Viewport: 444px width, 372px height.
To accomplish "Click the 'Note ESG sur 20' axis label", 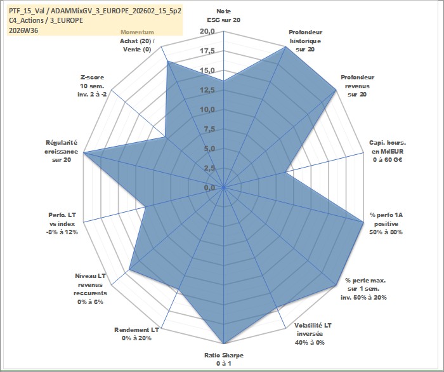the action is click(x=224, y=16).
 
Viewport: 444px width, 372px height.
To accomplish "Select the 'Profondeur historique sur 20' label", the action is click(x=305, y=41).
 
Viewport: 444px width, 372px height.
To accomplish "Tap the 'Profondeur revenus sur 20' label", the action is click(x=357, y=86).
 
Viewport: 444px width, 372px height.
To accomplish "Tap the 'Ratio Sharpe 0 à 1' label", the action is click(x=224, y=359).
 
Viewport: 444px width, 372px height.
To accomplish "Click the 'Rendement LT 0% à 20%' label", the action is click(x=136, y=334).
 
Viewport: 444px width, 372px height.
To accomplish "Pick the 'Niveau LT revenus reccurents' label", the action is click(x=90, y=289).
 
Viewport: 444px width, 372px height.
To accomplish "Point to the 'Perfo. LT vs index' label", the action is click(x=62, y=223).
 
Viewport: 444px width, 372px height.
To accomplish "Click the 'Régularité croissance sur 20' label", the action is click(x=61, y=151).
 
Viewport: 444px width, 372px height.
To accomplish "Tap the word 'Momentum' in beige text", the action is click(x=138, y=32).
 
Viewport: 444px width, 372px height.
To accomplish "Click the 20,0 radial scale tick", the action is click(x=207, y=32).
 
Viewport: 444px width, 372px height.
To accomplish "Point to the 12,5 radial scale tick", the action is click(x=207, y=90).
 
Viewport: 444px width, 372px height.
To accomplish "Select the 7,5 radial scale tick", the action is click(x=210, y=130).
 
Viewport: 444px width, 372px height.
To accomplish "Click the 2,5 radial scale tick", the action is click(x=210, y=168).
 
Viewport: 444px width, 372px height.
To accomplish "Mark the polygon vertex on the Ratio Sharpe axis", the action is click(x=224, y=343).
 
